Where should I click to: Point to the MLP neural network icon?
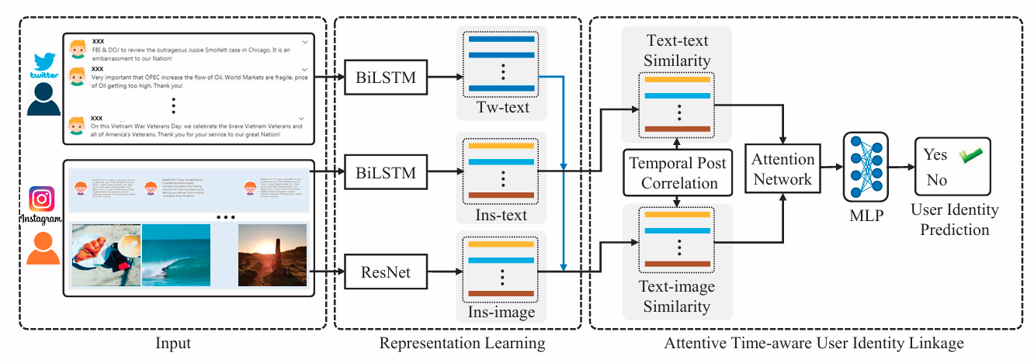tap(865, 168)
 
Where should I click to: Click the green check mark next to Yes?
tap(970, 156)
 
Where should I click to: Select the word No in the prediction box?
tap(936, 180)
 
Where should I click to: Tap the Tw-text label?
tap(504, 107)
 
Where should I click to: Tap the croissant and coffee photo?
tap(105, 255)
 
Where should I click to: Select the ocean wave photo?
tap(176, 255)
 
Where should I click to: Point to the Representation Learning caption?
tap(462, 343)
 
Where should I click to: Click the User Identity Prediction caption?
tap(954, 220)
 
